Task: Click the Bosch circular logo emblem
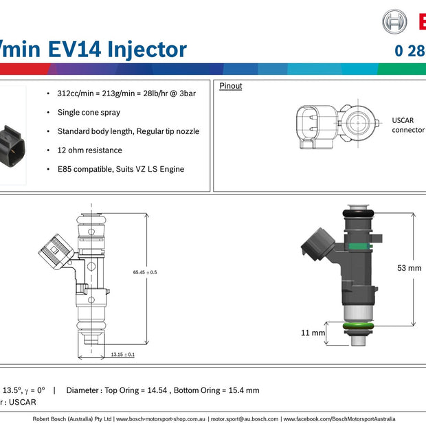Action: (x=394, y=21)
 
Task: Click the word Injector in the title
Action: (x=145, y=49)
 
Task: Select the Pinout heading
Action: (x=231, y=86)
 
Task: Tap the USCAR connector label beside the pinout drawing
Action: (x=407, y=124)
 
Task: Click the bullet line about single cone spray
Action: (x=89, y=112)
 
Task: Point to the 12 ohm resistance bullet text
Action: (x=89, y=150)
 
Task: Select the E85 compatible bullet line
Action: (x=121, y=169)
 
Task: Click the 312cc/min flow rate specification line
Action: (x=126, y=93)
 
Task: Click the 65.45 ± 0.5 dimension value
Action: (x=145, y=272)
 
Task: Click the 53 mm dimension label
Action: (x=410, y=268)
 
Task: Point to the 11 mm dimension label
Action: (x=313, y=333)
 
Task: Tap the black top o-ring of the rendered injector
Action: (x=359, y=215)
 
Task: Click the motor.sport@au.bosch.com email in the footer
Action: (x=244, y=418)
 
